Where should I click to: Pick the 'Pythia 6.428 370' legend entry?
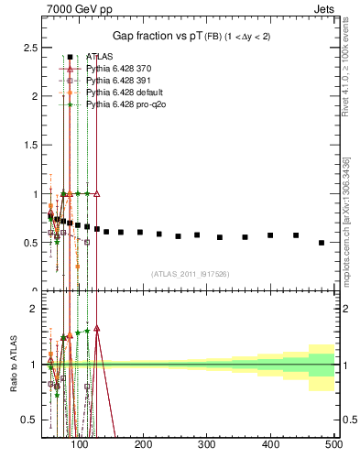pyautogui.click(x=119, y=69)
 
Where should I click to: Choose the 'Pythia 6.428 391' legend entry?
pyautogui.click(x=119, y=81)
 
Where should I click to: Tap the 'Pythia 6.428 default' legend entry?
pyautogui.click(x=124, y=93)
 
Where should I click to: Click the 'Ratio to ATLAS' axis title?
pyautogui.click(x=13, y=364)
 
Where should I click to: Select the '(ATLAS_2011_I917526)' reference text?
pyautogui.click(x=190, y=274)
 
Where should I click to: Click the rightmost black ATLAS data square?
pyautogui.click(x=322, y=243)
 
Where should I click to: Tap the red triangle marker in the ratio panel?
pyautogui.click(x=96, y=328)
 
